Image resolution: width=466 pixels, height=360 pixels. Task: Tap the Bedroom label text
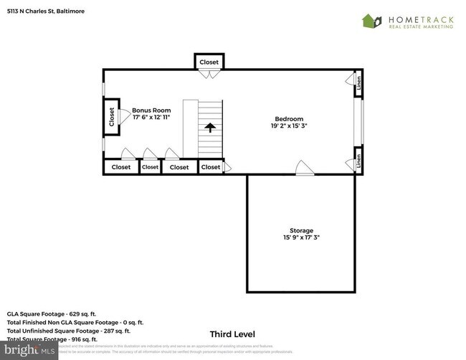pyautogui.click(x=289, y=118)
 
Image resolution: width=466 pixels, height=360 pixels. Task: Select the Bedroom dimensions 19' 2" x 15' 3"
pyautogui.click(x=289, y=126)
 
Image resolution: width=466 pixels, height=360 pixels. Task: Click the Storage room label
pyautogui.click(x=300, y=230)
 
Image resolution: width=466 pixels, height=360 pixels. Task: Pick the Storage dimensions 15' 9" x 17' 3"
pyautogui.click(x=300, y=238)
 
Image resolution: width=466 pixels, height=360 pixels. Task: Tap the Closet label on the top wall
pyautogui.click(x=209, y=62)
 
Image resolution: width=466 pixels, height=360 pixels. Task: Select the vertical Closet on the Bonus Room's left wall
pyautogui.click(x=112, y=117)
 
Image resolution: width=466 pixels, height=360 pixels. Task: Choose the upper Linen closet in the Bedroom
pyautogui.click(x=359, y=84)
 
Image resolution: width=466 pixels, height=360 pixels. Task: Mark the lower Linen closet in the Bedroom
pyautogui.click(x=359, y=161)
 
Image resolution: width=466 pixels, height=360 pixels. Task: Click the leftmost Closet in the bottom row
pyautogui.click(x=120, y=167)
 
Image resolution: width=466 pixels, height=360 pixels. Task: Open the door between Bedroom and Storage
pyautogui.click(x=305, y=169)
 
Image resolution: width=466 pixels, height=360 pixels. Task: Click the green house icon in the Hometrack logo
pyautogui.click(x=371, y=21)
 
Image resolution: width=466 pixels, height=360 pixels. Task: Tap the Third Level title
pyautogui.click(x=232, y=334)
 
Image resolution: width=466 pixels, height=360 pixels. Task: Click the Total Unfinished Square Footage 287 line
pyautogui.click(x=69, y=331)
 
